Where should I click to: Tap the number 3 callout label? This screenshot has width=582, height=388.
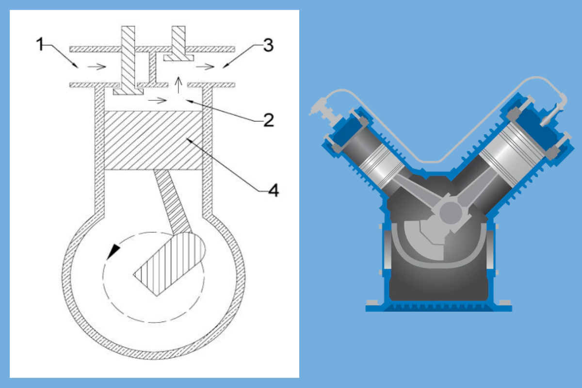(x=268, y=46)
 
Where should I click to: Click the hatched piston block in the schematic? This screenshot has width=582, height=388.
(x=153, y=141)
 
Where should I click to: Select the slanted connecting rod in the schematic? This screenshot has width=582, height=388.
(x=172, y=199)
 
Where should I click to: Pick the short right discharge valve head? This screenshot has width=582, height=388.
(x=177, y=58)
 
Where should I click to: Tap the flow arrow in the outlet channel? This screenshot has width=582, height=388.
(x=208, y=66)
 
